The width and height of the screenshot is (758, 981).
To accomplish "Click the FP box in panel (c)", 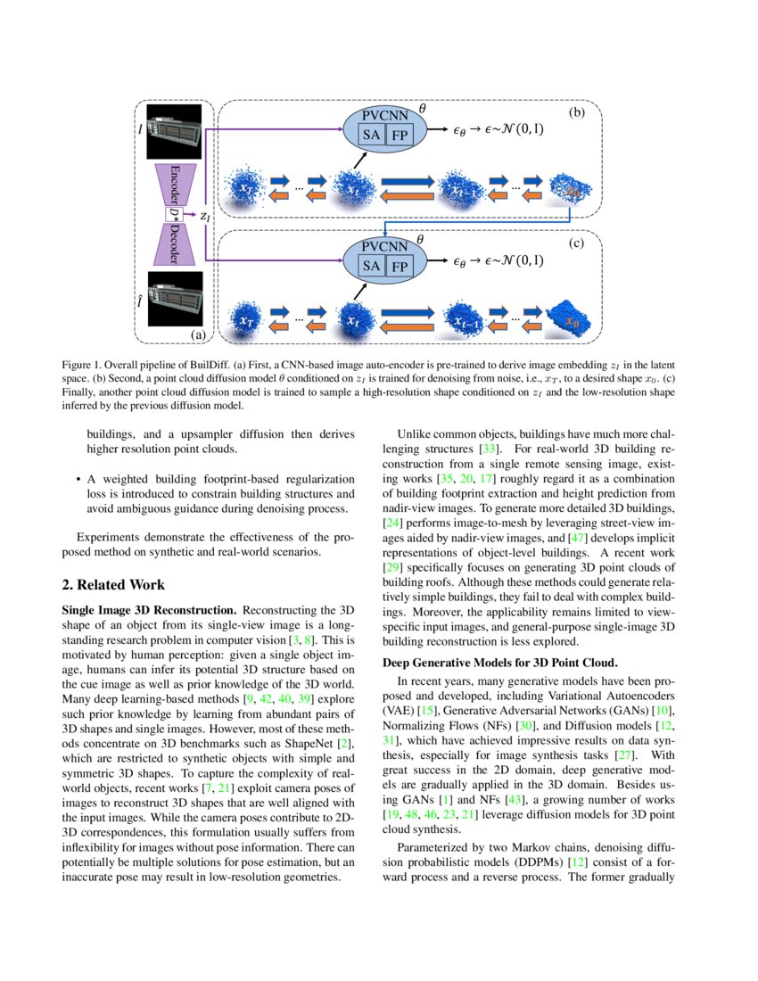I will (x=400, y=267).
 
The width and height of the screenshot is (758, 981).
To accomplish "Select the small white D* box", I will (x=173, y=214).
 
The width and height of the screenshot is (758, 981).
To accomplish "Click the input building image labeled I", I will (x=175, y=131).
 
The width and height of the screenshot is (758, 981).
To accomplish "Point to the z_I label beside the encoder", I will (x=204, y=215).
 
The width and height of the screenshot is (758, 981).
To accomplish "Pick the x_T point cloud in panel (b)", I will (x=247, y=188).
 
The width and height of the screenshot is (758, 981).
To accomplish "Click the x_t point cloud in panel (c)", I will (x=353, y=318).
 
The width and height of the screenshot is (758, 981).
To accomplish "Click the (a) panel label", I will (x=198, y=335).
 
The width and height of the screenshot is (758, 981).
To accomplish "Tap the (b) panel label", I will (x=577, y=113).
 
